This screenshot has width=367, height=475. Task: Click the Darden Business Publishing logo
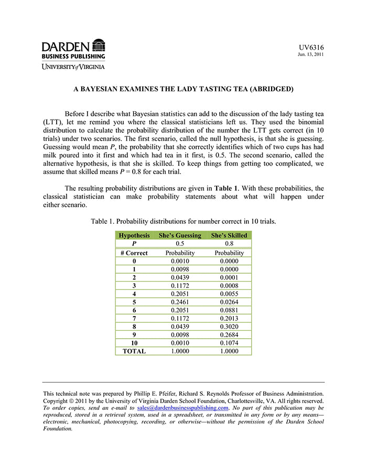[73, 49]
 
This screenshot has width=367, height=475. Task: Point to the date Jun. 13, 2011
[311, 55]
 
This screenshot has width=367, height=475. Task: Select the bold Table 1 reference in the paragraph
[226, 188]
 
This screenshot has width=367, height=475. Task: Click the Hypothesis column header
[134, 235]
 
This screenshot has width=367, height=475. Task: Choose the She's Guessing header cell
[180, 235]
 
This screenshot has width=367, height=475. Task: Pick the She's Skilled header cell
[229, 235]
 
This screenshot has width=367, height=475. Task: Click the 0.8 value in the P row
[229, 244]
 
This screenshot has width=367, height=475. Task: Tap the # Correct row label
[134, 253]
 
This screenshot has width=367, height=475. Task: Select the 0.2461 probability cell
[180, 302]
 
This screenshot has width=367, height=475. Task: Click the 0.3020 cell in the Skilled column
[229, 327]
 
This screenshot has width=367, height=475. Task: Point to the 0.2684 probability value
[229, 335]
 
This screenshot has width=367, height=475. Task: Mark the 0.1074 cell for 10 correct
[229, 343]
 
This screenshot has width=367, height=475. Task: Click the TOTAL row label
[134, 351]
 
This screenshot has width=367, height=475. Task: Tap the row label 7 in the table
[134, 318]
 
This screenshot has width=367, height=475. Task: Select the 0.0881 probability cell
[229, 310]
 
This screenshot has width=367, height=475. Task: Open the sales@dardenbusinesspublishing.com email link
[182, 407]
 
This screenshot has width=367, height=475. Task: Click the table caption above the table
[183, 222]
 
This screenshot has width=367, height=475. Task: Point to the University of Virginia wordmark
[73, 67]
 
